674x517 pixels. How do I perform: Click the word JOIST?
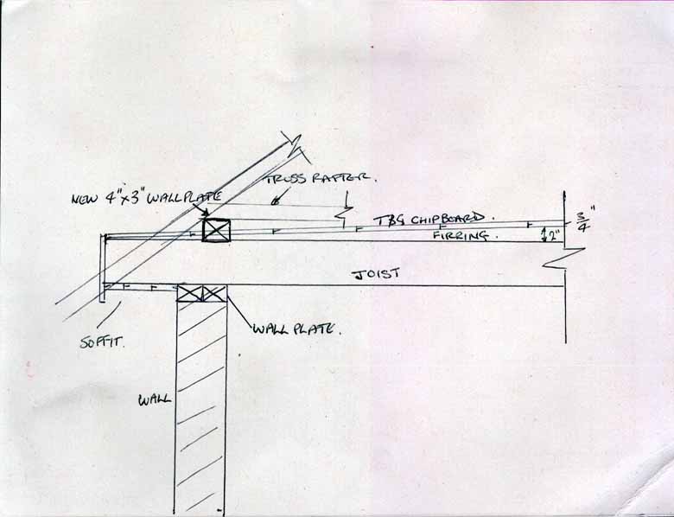pyautogui.click(x=375, y=274)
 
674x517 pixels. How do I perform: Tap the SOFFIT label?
pyautogui.click(x=102, y=342)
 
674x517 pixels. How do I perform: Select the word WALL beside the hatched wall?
pyautogui.click(x=154, y=399)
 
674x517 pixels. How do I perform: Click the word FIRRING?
pyautogui.click(x=460, y=235)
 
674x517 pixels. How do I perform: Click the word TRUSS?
pyautogui.click(x=287, y=178)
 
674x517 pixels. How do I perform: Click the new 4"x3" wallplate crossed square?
pyautogui.click(x=216, y=230)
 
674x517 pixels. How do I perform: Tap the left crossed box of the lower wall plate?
pyautogui.click(x=189, y=293)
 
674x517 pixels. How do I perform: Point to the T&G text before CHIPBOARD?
pyautogui.click(x=389, y=221)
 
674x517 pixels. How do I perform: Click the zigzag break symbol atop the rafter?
pyautogui.click(x=295, y=145)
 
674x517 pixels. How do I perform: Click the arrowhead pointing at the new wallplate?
pyautogui.click(x=205, y=213)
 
